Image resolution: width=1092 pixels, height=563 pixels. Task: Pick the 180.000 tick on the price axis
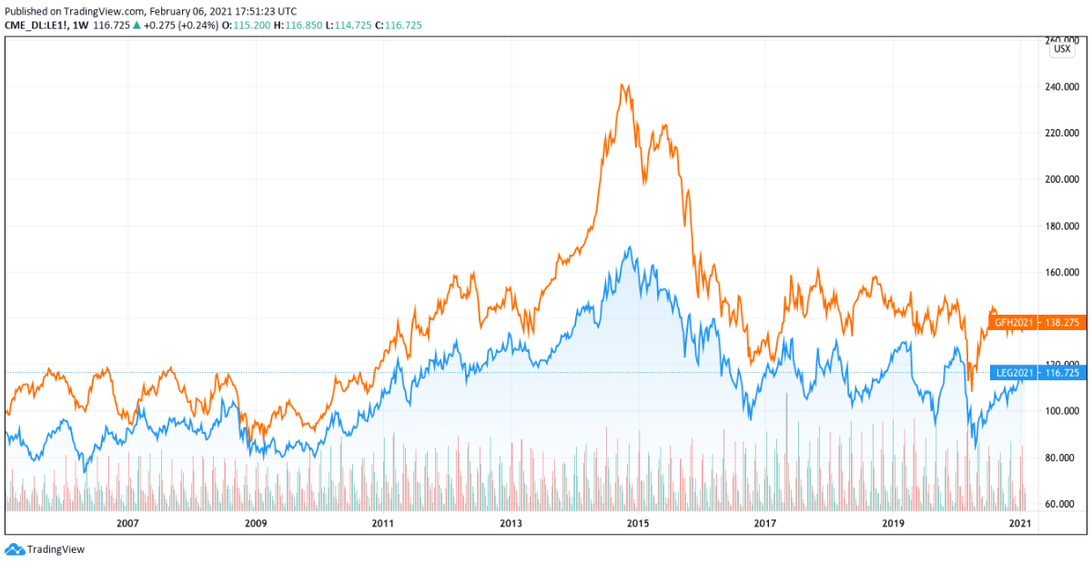(1065, 226)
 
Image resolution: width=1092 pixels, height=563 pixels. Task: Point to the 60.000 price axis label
(1065, 504)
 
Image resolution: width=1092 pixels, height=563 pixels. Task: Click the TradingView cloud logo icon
(15, 549)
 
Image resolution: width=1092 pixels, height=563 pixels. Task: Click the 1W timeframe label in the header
(79, 25)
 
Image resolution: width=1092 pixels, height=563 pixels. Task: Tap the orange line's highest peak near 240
(622, 85)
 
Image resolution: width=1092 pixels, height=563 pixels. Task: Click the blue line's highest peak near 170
(628, 246)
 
